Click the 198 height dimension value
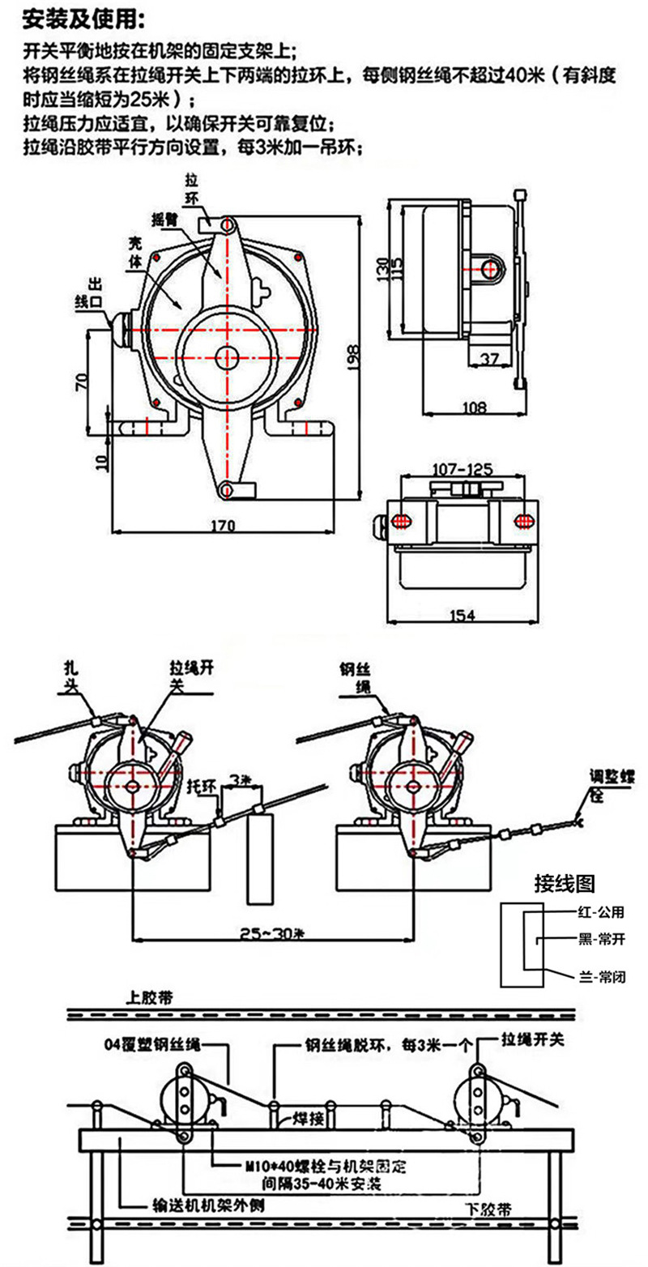point(353,357)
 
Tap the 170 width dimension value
point(223,526)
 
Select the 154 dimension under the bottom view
point(462,616)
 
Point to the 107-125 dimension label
point(463,469)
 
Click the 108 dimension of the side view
point(474,407)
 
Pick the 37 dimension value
point(490,359)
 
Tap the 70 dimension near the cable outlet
point(83,382)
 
